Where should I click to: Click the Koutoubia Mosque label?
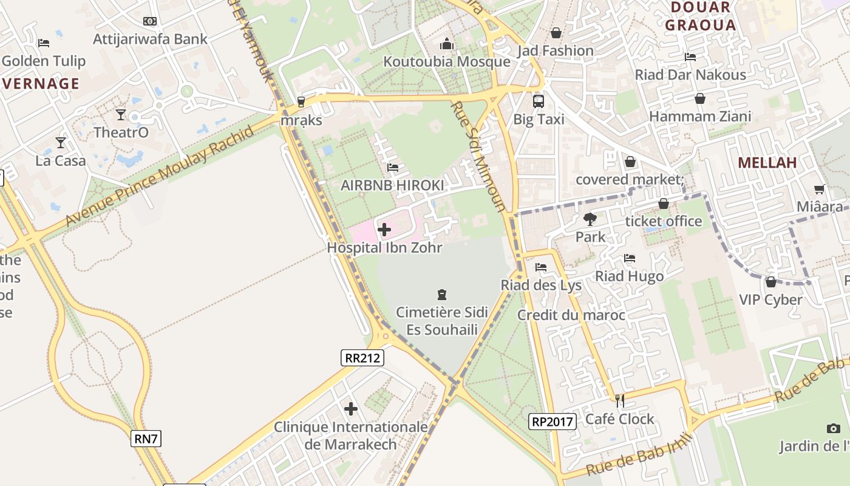447,61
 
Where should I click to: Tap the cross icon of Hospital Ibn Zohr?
384,230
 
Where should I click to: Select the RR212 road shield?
362,358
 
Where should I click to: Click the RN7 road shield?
146,438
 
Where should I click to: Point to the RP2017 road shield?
552,421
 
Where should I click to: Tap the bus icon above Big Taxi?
539,101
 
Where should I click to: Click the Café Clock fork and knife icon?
619,400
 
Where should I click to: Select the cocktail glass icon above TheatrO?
121,114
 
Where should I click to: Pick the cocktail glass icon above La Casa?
60,143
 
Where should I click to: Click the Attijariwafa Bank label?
150,39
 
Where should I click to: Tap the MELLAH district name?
767,162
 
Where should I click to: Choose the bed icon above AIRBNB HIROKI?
393,167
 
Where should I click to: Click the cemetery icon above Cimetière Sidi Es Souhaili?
441,295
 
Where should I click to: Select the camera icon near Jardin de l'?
833,428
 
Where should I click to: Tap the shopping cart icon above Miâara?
819,189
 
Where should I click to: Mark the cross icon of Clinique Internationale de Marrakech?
350,409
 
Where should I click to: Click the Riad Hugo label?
629,276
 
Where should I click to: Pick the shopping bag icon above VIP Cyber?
770,282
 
